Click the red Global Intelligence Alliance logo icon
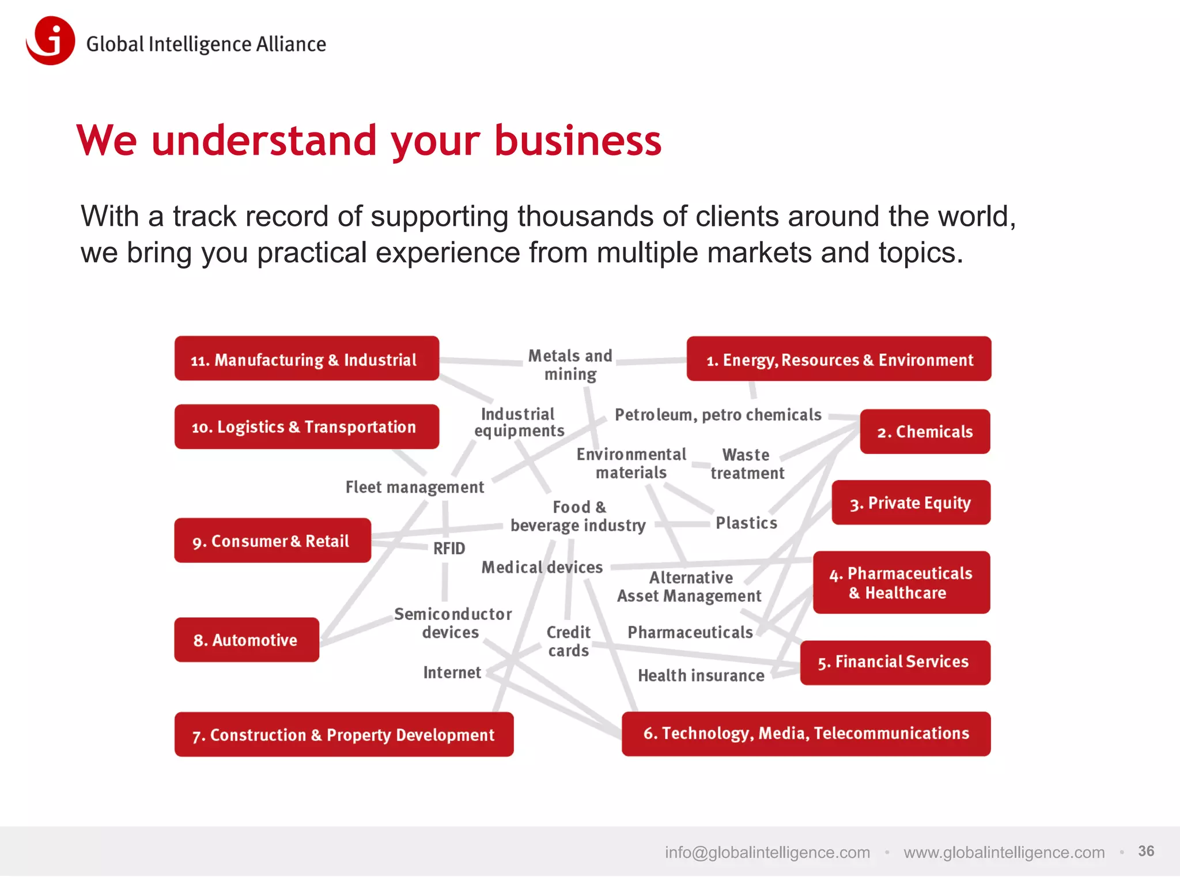point(51,40)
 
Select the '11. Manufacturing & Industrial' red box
point(307,359)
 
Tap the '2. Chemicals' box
point(925,432)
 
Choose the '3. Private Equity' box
point(911,502)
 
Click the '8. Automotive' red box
point(247,640)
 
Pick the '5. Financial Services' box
point(895,662)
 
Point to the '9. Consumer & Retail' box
point(273,540)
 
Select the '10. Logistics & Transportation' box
point(307,426)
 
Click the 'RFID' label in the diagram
point(449,548)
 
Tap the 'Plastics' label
point(746,523)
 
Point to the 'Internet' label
point(452,672)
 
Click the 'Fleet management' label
point(414,487)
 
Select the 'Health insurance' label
point(701,675)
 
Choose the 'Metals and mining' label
point(570,365)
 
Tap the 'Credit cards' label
point(568,641)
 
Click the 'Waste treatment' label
point(747,464)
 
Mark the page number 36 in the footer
point(1145,851)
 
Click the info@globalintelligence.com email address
point(767,852)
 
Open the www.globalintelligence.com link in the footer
point(1004,852)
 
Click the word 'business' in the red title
point(578,141)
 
